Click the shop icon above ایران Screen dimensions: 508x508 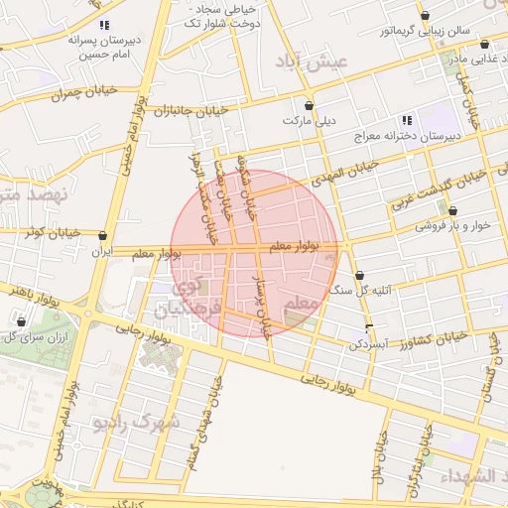pos(103,236)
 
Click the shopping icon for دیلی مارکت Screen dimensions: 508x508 pos(309,105)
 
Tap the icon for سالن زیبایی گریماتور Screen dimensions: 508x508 pos(425,16)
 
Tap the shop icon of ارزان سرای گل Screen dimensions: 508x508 pos(21,322)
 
